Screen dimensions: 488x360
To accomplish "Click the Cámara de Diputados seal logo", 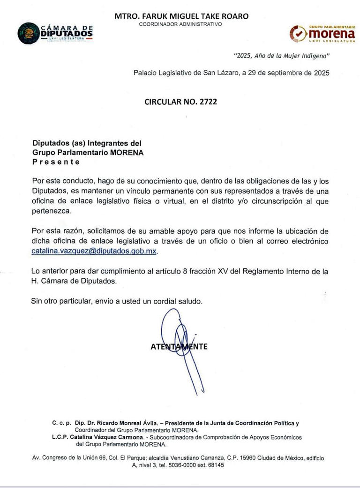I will coord(29,33).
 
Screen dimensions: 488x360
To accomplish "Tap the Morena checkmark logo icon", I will coord(299,34).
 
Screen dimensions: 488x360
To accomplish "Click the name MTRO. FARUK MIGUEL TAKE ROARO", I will coord(181,16).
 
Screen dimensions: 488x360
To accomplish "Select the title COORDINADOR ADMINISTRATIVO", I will coord(180,24).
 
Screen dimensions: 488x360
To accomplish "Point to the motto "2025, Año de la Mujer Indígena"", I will coord(282,56).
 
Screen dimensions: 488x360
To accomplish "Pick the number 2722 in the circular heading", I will coord(207,101).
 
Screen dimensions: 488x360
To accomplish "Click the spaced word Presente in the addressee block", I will coord(56,162).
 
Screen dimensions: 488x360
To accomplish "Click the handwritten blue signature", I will coord(180,347).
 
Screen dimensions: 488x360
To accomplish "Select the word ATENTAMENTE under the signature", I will coord(179,347).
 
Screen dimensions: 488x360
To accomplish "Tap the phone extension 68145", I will coord(213,465).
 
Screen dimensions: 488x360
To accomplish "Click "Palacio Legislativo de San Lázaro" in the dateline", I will coord(185,73).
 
